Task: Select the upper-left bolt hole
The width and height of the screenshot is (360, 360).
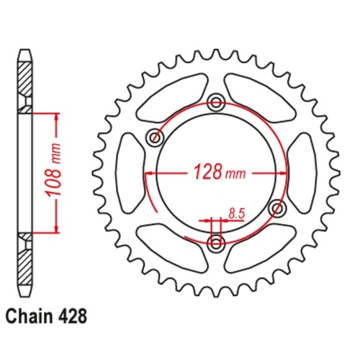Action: (x=153, y=137)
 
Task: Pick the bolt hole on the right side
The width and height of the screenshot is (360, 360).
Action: (x=275, y=208)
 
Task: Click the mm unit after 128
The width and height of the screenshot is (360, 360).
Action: (x=235, y=174)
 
